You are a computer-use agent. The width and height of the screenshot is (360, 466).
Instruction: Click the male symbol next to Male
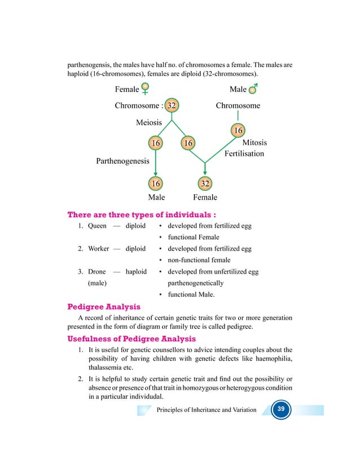(253, 89)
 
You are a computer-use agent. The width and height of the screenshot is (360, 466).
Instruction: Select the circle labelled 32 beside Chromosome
(172, 105)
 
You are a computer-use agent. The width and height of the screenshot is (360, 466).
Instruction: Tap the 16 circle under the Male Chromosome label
(238, 131)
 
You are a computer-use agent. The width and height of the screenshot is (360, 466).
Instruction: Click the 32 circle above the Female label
(205, 183)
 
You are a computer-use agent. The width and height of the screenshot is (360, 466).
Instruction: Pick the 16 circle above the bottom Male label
(155, 183)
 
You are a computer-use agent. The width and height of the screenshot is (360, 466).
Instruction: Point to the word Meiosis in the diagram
(149, 122)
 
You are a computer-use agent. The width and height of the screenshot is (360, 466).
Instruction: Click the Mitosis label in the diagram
(254, 143)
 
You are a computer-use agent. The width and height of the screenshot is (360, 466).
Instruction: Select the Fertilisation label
(244, 153)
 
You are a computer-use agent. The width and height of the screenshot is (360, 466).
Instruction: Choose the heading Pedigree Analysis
(104, 307)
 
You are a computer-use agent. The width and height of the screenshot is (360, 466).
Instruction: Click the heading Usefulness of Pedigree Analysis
(131, 339)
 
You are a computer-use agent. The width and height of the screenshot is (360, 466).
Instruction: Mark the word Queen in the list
(96, 226)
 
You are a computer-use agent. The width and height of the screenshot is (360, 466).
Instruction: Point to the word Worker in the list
(99, 249)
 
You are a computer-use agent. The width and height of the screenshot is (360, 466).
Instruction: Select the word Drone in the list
(97, 271)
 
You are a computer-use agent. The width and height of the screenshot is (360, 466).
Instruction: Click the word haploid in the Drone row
(136, 271)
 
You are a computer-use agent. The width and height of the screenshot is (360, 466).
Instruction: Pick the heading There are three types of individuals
(142, 214)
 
